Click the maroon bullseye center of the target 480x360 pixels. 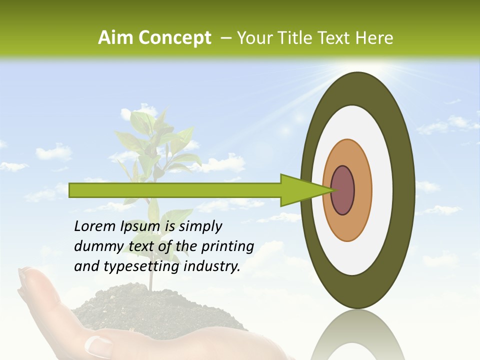(343, 190)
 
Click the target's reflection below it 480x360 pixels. (357, 335)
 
